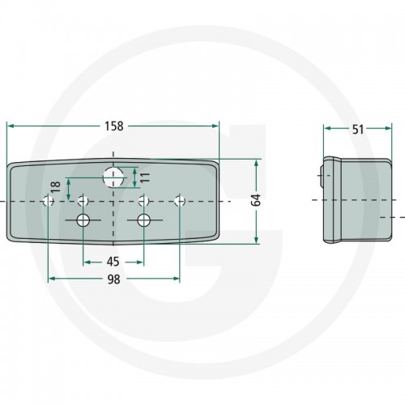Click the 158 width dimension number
click(x=114, y=126)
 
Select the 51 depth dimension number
click(x=358, y=130)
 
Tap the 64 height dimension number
click(x=256, y=200)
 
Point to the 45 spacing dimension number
click(x=113, y=262)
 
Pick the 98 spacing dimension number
click(x=113, y=279)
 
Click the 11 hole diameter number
click(x=145, y=177)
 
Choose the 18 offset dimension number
click(x=56, y=187)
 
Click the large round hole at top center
click(x=113, y=177)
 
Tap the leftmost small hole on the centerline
click(x=49, y=201)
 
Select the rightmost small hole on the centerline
click(x=180, y=201)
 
